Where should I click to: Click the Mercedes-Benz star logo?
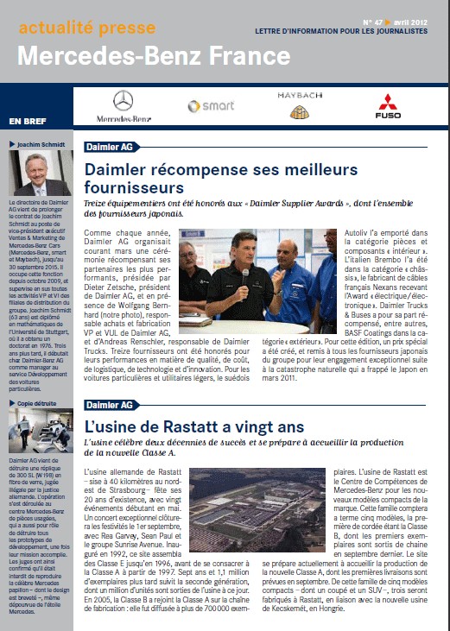click(124, 99)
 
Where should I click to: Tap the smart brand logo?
click(205, 106)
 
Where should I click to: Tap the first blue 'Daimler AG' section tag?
click(108, 147)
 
